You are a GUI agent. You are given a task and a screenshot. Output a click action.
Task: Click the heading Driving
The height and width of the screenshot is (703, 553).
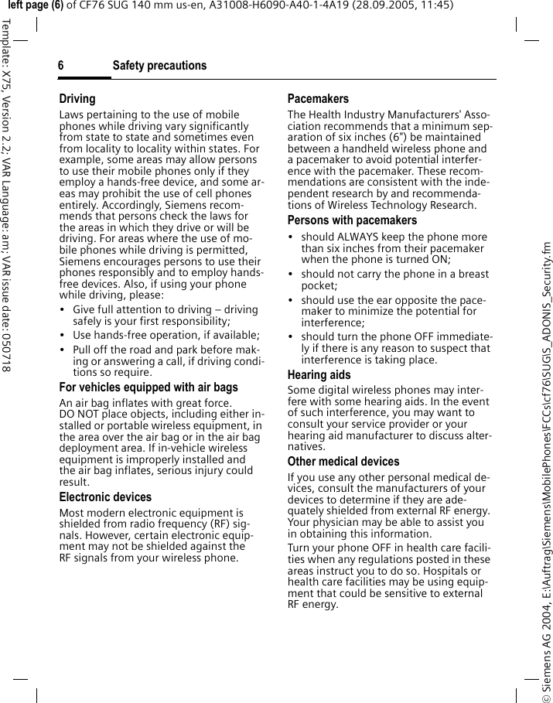click(77, 99)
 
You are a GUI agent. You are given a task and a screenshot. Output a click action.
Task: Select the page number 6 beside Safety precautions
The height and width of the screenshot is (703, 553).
click(61, 66)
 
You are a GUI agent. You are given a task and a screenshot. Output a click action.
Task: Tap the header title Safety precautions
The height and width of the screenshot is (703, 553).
click(159, 66)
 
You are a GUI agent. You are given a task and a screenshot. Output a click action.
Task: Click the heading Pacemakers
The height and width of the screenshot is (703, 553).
click(318, 99)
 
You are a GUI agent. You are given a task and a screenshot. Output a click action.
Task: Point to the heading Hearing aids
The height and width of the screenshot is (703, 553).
click(319, 375)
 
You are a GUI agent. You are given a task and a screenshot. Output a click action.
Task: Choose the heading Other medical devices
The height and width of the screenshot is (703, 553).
click(343, 462)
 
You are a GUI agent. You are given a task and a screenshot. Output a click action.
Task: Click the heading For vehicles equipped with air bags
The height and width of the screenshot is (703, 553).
click(148, 387)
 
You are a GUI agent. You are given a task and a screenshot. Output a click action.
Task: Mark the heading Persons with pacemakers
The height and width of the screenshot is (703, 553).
click(352, 220)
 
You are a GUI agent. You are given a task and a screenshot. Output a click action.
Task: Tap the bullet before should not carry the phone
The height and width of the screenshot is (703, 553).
click(291, 275)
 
